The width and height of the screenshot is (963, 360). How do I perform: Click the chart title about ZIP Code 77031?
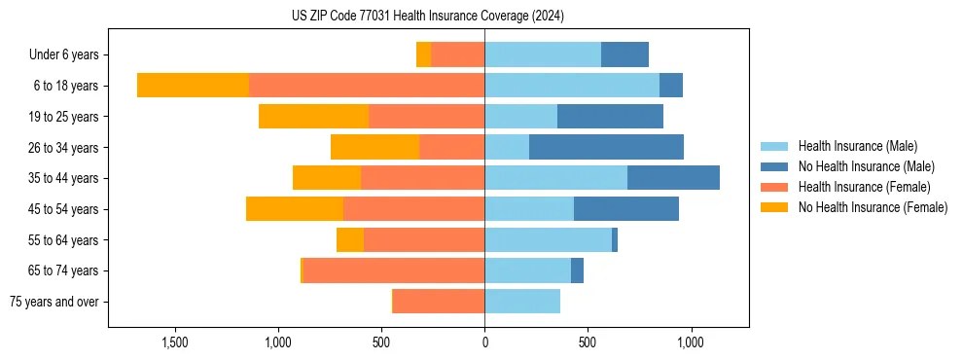coord(428,17)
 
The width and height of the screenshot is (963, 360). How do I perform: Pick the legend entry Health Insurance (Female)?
coord(864,187)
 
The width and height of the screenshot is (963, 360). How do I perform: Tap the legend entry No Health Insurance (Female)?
coord(873,207)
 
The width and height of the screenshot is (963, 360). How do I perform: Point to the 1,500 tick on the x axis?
coord(175,343)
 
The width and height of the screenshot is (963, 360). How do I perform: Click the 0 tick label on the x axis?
coord(484,343)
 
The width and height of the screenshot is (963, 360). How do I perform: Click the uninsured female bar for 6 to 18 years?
coord(193,86)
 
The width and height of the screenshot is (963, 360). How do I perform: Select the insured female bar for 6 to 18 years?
coord(367,86)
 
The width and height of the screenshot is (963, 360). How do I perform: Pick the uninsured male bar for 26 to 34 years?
coord(606,147)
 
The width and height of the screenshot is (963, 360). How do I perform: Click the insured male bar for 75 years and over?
coord(522,302)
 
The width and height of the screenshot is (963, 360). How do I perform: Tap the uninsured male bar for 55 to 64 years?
coord(615,239)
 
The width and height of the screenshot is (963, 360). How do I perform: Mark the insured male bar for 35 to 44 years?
coord(555,178)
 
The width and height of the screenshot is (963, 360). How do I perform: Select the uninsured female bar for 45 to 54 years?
coord(295,209)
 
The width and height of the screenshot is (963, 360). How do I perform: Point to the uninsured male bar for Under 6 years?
coord(624,54)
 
